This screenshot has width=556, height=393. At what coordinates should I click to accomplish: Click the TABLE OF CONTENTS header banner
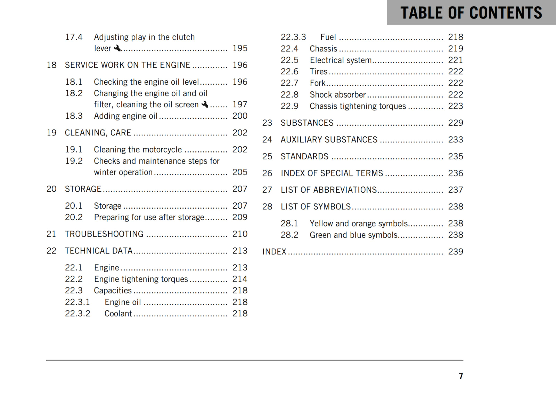click(471, 12)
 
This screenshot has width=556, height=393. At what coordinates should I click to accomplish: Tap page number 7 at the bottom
click(460, 376)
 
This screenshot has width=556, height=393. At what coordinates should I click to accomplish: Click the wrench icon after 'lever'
click(117, 48)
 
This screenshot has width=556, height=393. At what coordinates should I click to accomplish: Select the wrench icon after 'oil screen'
click(205, 104)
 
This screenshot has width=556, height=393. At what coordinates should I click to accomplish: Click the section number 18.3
click(74, 116)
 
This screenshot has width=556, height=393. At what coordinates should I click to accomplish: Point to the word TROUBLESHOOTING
click(104, 234)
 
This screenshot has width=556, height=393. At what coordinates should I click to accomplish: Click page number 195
click(240, 48)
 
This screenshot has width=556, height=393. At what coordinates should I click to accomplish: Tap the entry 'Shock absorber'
click(337, 95)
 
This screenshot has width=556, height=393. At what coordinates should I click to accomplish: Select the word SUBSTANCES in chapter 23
click(307, 123)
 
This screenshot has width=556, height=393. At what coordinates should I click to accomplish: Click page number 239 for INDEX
click(455, 252)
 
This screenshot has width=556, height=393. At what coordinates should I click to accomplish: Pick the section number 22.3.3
click(293, 37)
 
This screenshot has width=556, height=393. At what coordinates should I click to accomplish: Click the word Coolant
click(118, 313)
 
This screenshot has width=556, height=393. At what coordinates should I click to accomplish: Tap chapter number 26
click(267, 173)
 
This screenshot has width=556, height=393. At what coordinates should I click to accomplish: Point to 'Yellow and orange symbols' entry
click(359, 224)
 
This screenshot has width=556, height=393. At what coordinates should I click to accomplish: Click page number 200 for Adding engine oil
click(240, 116)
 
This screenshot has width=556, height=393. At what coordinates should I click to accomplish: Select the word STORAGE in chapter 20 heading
click(83, 189)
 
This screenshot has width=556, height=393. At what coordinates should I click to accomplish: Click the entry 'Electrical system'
click(341, 60)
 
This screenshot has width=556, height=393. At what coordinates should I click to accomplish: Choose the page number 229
click(455, 123)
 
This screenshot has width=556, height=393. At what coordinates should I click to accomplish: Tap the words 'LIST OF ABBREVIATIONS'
click(329, 190)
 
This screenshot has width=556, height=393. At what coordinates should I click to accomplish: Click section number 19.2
click(74, 161)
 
